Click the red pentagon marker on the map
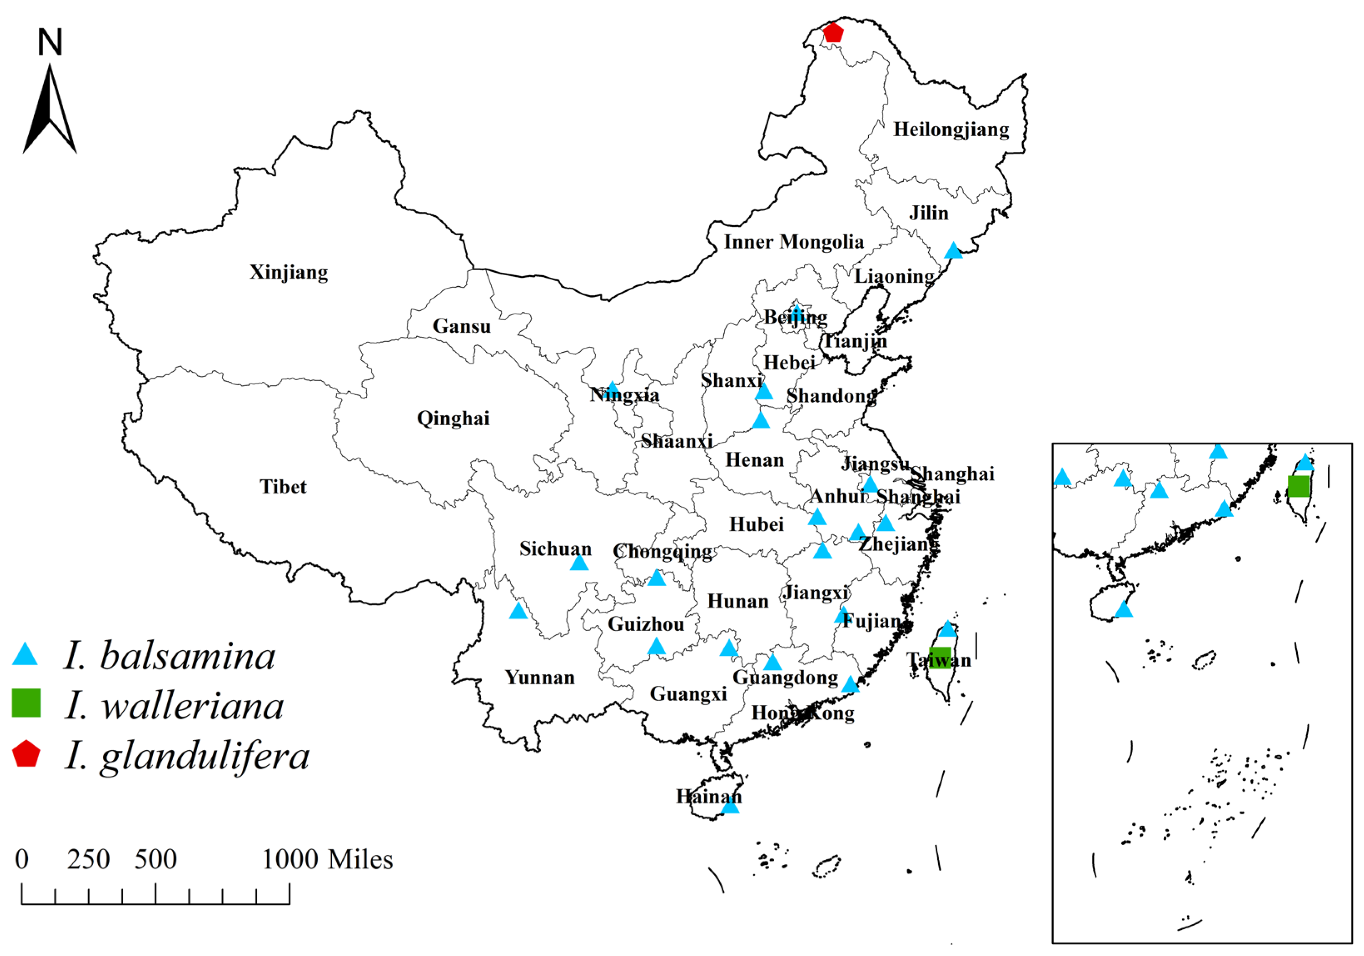point(833,32)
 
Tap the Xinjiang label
point(289,272)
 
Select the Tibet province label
point(283,487)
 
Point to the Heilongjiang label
point(951,129)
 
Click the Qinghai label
point(453,418)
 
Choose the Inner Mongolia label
point(794,242)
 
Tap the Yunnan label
point(540,677)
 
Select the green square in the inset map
point(1298,486)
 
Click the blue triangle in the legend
point(25,655)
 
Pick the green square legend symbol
point(26,704)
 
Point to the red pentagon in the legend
point(26,754)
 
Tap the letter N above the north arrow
point(50,43)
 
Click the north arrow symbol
point(50,113)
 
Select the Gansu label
point(462,326)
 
